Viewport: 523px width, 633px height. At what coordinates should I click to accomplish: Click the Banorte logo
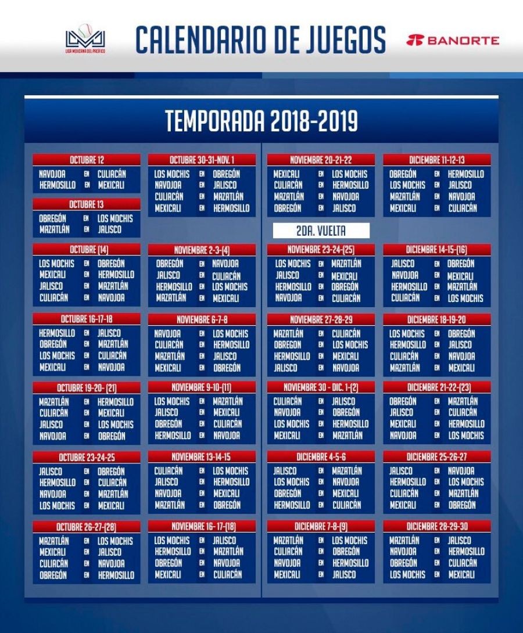[453, 40]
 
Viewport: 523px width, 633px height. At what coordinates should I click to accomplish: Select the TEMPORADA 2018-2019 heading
[261, 121]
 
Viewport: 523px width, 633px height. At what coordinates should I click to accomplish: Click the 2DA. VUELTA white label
[321, 231]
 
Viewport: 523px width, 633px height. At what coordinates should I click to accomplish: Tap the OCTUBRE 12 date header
[87, 160]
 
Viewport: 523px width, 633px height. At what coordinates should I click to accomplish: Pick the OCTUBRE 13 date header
[87, 204]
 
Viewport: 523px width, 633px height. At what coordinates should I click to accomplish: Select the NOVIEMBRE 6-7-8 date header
[202, 319]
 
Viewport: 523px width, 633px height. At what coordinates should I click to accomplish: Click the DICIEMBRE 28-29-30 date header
[437, 526]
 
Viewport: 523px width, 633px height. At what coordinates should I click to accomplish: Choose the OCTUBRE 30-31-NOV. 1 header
[202, 160]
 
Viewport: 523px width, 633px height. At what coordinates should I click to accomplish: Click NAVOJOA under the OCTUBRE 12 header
[52, 174]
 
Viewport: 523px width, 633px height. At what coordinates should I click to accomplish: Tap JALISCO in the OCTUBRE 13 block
[110, 229]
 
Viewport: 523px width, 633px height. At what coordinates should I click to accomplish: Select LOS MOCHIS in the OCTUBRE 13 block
[115, 218]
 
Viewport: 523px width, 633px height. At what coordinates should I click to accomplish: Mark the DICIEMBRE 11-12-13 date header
[437, 160]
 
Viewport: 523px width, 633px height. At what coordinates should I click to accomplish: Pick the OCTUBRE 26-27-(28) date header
[87, 527]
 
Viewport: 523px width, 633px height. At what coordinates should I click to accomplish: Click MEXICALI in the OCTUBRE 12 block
[111, 185]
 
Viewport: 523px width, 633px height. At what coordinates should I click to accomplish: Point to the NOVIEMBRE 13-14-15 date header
[202, 457]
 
